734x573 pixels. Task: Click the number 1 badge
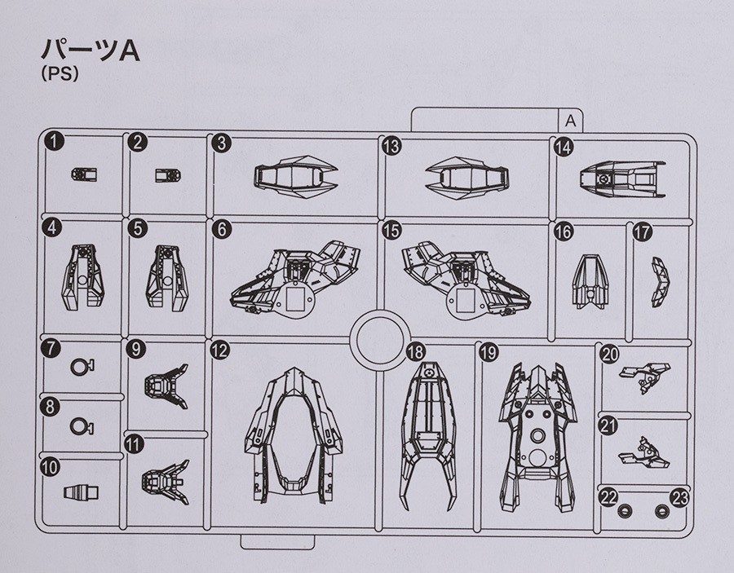[55, 141]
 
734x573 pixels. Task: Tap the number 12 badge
[219, 350]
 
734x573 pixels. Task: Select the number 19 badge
[489, 352]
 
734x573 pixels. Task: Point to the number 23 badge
[679, 498]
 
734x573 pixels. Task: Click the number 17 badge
[643, 232]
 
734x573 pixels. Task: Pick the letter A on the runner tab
[570, 121]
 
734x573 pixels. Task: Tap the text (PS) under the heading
[60, 74]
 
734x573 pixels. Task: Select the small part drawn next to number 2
[168, 175]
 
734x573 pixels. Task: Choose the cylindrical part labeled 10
[81, 492]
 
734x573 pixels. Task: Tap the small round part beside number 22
[622, 511]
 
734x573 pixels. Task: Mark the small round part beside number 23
[661, 511]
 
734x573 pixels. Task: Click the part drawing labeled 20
[644, 377]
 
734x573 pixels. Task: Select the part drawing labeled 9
[166, 386]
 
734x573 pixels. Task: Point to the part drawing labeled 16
[590, 281]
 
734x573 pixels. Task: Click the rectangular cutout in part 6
[296, 299]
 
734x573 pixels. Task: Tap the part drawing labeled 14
[622, 179]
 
